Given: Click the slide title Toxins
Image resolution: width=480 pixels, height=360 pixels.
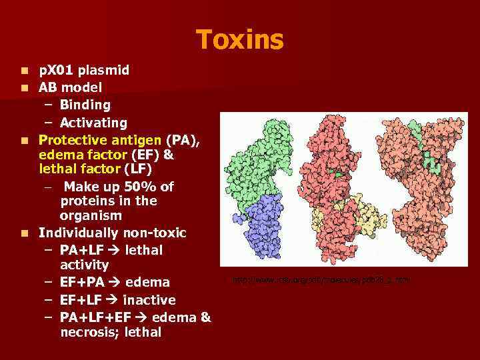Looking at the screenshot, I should (240, 39).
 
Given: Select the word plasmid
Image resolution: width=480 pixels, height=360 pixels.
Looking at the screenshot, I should (104, 70).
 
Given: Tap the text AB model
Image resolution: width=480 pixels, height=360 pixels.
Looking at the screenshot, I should (70, 87).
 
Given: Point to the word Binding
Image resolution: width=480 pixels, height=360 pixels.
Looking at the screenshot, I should (85, 105).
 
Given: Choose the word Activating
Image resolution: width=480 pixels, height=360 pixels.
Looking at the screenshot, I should (93, 123).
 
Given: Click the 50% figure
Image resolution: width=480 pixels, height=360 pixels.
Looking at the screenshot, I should (141, 187).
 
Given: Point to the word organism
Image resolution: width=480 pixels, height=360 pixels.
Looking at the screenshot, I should (91, 215).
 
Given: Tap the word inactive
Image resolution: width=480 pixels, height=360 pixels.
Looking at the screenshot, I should (149, 300).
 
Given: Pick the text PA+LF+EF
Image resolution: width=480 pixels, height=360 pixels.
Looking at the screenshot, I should (93, 317).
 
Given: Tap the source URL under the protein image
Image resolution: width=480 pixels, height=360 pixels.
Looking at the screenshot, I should (321, 280).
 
